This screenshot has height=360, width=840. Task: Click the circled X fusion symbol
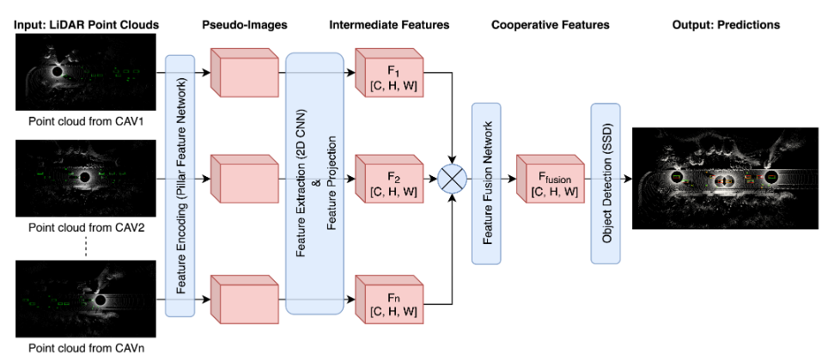point(452,180)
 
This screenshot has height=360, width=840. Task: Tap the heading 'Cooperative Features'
point(550,25)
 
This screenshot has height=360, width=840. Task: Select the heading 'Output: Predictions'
point(726,25)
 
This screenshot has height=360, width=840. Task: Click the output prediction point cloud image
point(726,178)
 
